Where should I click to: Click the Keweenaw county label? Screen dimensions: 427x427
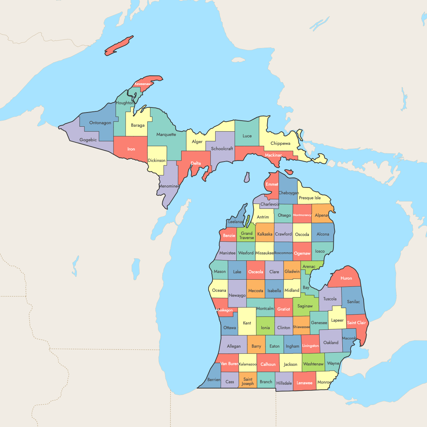click(142, 84)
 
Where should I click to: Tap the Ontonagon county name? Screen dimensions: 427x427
click(100, 123)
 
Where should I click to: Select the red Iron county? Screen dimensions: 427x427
click(131, 149)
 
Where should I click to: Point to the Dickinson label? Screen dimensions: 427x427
click(157, 160)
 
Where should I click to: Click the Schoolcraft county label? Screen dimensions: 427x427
click(222, 149)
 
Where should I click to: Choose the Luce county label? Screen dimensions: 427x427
click(247, 136)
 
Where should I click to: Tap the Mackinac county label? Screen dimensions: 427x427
click(273, 155)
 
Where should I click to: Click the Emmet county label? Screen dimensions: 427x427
click(272, 184)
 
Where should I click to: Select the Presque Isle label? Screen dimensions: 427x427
click(310, 198)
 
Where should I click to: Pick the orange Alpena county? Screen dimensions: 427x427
click(321, 215)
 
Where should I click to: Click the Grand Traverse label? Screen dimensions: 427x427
click(247, 236)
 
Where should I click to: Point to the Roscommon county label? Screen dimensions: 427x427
click(283, 253)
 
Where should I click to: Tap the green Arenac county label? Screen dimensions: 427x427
click(309, 267)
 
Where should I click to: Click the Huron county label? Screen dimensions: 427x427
click(346, 278)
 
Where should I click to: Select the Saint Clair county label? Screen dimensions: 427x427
click(356, 323)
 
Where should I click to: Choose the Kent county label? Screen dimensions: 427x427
click(247, 323)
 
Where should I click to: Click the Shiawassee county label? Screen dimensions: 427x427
click(301, 327)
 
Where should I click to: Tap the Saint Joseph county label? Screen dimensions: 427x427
click(248, 381)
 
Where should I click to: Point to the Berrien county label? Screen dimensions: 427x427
click(214, 380)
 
